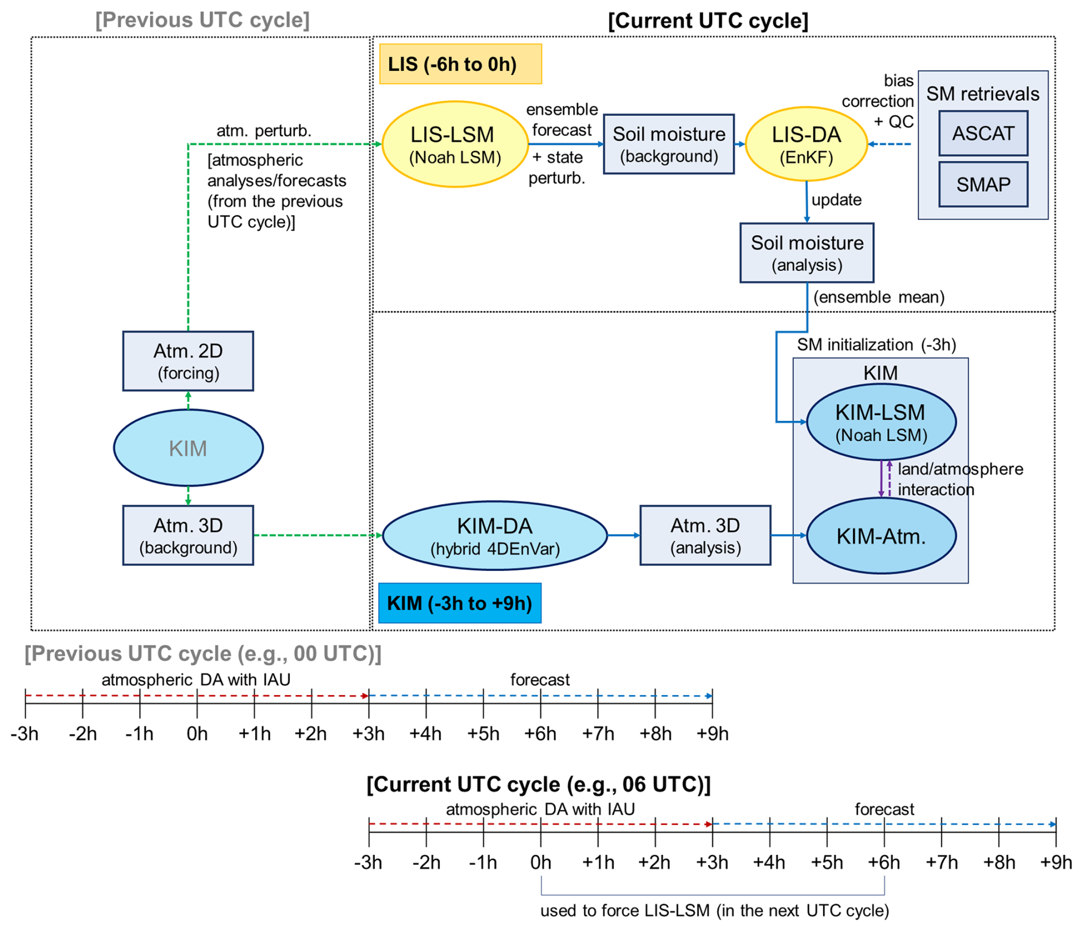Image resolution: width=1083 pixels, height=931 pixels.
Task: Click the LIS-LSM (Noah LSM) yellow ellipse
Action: click(x=454, y=144)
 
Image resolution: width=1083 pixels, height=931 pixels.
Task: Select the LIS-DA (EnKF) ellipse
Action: click(x=806, y=144)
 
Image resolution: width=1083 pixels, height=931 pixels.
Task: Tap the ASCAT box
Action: click(x=983, y=133)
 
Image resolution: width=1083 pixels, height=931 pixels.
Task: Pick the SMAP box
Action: click(x=983, y=184)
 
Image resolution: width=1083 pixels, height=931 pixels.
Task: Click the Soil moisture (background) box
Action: click(x=669, y=144)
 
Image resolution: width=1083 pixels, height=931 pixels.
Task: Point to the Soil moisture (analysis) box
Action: click(x=807, y=253)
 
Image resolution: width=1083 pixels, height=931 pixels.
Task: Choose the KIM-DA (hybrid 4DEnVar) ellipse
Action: click(x=495, y=536)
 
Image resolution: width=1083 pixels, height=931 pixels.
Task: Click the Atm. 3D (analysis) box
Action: click(x=705, y=535)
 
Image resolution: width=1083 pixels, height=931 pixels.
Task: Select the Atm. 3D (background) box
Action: click(x=188, y=535)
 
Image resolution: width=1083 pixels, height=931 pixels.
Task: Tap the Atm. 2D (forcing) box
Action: click(x=188, y=361)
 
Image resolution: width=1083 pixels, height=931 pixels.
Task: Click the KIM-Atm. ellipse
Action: click(x=881, y=536)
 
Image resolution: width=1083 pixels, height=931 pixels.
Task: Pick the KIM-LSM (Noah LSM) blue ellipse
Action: click(x=881, y=423)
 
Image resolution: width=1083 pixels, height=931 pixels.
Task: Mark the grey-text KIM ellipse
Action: click(x=188, y=448)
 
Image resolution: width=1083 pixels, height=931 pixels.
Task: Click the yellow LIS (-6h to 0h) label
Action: click(x=460, y=64)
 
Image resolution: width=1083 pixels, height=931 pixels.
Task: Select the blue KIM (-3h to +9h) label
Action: click(x=460, y=603)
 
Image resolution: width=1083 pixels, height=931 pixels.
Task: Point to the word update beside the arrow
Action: click(x=836, y=200)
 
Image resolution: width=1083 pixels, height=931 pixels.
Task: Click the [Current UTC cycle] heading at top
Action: click(x=708, y=21)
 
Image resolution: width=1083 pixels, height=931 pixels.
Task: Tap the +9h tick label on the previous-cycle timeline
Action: click(x=712, y=733)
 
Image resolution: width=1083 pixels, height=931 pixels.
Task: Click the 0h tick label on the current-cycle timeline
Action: click(x=540, y=862)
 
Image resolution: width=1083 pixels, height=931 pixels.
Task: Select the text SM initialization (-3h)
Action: click(x=876, y=345)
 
